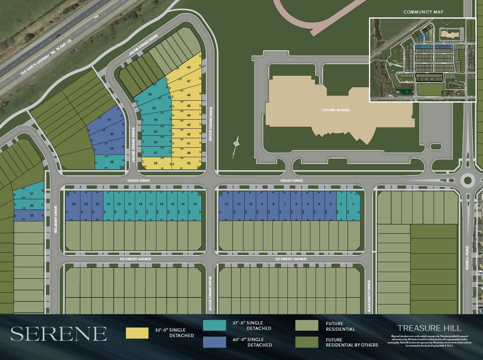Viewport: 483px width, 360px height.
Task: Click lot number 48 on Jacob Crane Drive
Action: point(189,68)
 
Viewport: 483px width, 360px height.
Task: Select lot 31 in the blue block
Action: point(109,120)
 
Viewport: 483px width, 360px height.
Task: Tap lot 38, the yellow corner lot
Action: point(156,163)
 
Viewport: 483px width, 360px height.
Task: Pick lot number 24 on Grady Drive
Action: point(74,204)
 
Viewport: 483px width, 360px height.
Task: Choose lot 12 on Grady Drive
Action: point(226,204)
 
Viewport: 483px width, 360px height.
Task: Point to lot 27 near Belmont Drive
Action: point(32,194)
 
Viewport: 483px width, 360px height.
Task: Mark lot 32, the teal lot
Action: point(150,95)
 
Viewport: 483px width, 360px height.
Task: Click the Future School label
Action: point(336,110)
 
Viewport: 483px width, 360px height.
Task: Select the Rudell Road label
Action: point(467,258)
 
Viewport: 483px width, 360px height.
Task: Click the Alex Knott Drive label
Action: point(369,297)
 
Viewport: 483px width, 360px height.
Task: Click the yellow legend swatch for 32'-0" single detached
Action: point(137,333)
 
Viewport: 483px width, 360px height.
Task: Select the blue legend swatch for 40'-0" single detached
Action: point(214,342)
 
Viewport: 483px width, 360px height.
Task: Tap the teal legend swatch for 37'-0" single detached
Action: point(214,325)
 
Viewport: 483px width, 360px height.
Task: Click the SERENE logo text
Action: point(59,334)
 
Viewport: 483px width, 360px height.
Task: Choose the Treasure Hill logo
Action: point(429,328)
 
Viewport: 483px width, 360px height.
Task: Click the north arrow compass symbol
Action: point(236,144)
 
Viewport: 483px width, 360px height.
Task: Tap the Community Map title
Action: point(423,12)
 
